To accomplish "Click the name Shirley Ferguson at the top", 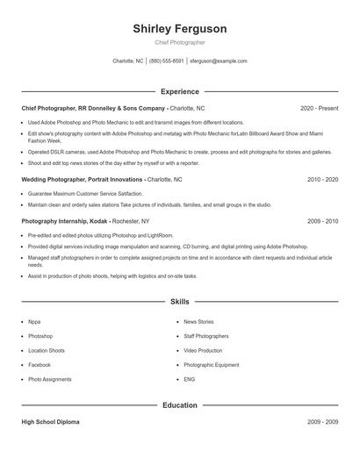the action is coord(179,29).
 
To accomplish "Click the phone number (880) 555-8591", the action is coord(167,61).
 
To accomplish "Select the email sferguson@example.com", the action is coord(219,61).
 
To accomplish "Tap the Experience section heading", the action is coord(179,91).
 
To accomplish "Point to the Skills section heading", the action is coord(179,301).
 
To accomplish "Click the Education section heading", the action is coord(179,405).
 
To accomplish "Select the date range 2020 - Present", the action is coord(319,108).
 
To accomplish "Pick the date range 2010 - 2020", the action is coord(322,179).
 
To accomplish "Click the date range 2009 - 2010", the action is coord(322,221).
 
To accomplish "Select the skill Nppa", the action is coord(34,322).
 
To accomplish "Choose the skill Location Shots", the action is coord(47,350).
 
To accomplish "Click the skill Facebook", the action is coord(40,364).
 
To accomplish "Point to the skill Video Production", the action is coord(203,350).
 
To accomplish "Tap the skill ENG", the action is coord(189,379).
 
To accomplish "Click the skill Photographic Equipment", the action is coord(211,364).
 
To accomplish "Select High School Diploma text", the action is coord(50,422).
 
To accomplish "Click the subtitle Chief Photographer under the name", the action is coord(179,42).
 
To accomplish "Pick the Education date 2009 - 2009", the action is coord(322,422).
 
